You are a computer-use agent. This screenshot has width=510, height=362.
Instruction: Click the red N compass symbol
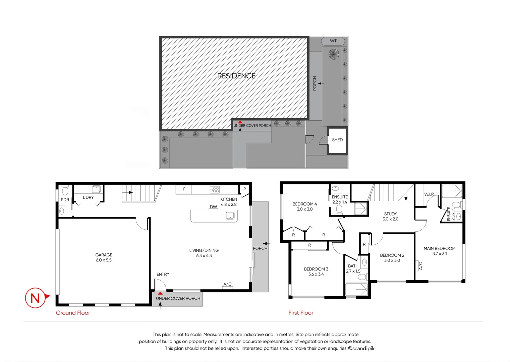coord(35,298)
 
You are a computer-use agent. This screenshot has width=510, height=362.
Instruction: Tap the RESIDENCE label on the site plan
coord(236,76)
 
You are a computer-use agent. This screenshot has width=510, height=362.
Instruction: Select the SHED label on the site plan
coord(337,140)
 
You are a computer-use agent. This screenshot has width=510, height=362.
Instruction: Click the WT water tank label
coord(333,41)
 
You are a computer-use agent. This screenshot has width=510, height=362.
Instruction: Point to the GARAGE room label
coord(104,255)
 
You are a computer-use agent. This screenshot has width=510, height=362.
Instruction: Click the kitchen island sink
coord(230,216)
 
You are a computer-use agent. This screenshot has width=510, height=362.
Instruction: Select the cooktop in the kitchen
coord(215,190)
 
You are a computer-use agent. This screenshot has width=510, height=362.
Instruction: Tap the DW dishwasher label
coord(213,207)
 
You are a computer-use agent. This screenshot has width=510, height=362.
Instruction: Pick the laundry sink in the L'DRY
coord(96,189)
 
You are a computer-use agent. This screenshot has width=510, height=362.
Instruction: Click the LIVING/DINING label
coord(204,250)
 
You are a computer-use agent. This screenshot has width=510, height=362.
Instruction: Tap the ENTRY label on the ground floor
coord(163,274)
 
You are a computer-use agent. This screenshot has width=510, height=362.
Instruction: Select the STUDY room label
coord(390,214)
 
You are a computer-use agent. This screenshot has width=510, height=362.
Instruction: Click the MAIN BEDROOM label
coord(439,248)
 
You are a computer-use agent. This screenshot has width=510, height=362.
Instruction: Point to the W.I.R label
coord(429,194)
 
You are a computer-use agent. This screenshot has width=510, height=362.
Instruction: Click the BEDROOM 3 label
coord(316,269)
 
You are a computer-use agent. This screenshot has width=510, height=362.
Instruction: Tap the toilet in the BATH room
coord(362,277)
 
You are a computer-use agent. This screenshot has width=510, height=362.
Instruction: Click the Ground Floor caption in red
coord(73,313)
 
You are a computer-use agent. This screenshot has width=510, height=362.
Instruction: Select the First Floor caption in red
coord(301,313)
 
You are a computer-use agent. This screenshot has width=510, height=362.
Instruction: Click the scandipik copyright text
coord(361,348)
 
